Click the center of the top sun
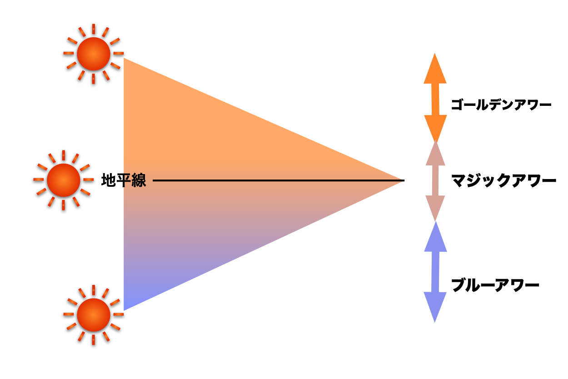click(x=93, y=54)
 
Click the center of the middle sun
click(x=63, y=180)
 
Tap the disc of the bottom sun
click(x=93, y=314)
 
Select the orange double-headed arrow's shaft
click(x=435, y=99)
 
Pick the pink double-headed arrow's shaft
click(x=435, y=180)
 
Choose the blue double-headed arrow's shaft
click(x=435, y=272)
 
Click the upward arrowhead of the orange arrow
click(x=435, y=70)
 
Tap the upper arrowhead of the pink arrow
click(x=435, y=155)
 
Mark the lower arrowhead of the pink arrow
click(x=435, y=206)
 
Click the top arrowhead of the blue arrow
click(x=435, y=239)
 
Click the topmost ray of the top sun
click(x=94, y=29)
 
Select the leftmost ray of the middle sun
click(x=39, y=180)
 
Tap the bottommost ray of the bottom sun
click(x=94, y=339)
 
